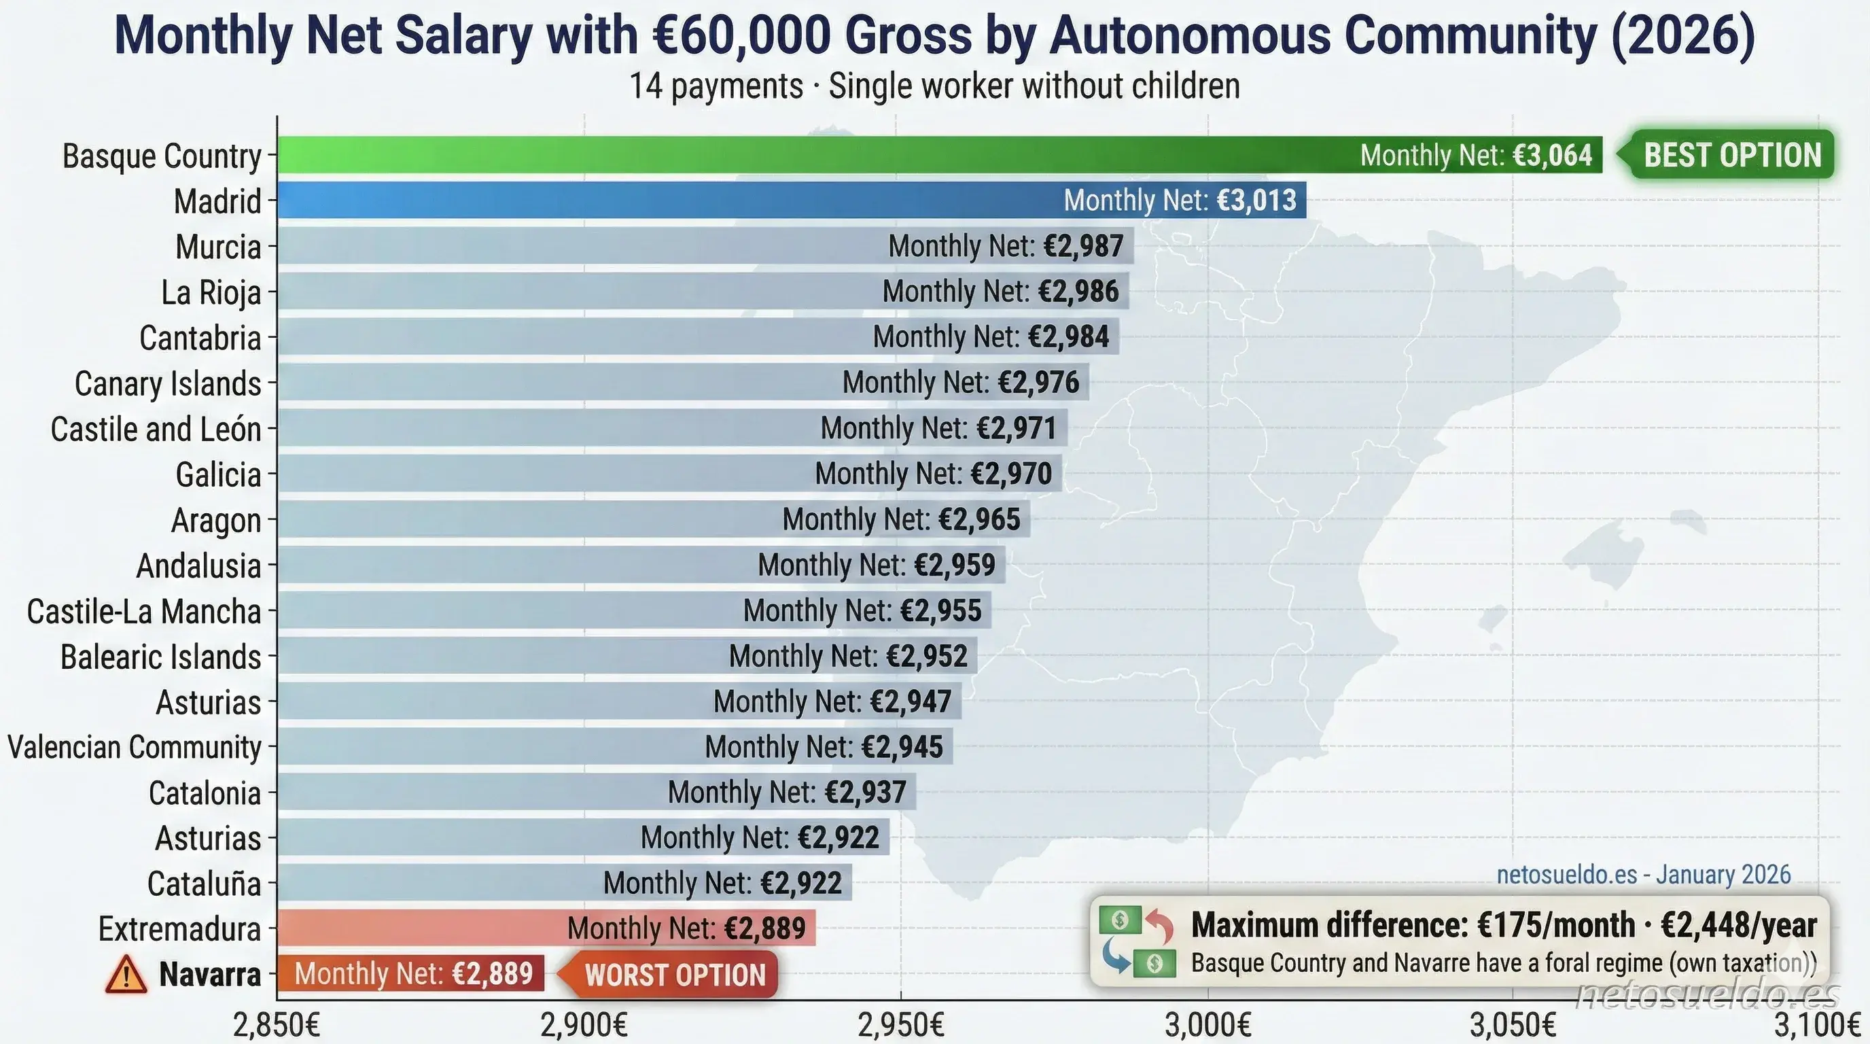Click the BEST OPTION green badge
click(x=1731, y=155)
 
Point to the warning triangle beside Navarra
click(x=126, y=974)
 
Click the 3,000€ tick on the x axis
click(x=1208, y=1025)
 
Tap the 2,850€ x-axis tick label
click(x=277, y=1025)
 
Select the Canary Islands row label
click(x=168, y=383)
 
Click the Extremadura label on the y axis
click(x=179, y=928)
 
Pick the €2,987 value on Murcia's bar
click(x=1083, y=246)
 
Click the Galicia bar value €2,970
click(x=1010, y=473)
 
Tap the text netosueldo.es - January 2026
click(x=1644, y=874)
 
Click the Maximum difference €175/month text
click(x=1412, y=925)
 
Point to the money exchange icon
click(x=1136, y=941)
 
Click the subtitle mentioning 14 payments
click(x=934, y=86)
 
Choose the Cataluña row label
click(x=204, y=884)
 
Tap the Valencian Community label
click(x=135, y=747)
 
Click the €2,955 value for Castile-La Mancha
click(x=941, y=610)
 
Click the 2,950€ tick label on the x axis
click(x=900, y=1025)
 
